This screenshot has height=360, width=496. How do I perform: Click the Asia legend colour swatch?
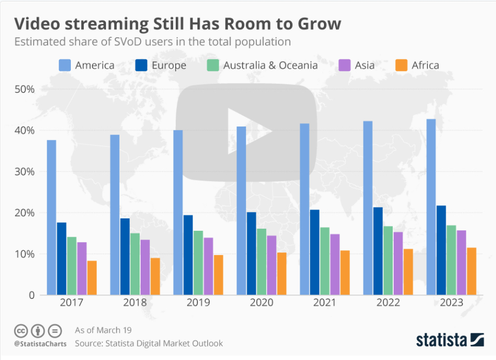(345, 65)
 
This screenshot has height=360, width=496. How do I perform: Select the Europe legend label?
(169, 65)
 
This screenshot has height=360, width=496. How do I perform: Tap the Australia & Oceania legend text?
(270, 65)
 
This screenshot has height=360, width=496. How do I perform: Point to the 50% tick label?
(24, 89)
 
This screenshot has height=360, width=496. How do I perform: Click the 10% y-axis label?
(24, 254)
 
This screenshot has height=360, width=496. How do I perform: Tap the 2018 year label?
(135, 303)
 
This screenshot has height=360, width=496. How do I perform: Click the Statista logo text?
(441, 340)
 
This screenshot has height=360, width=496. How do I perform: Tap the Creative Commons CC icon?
(21, 330)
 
